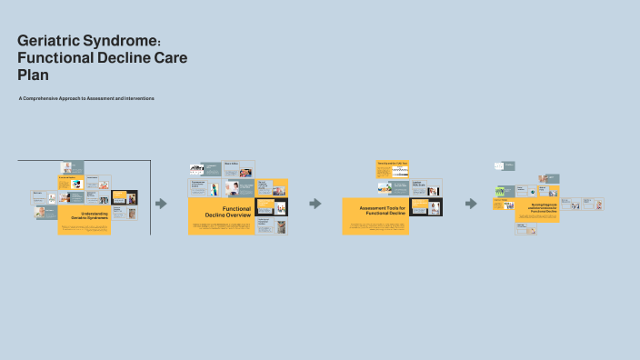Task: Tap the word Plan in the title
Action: click(x=33, y=75)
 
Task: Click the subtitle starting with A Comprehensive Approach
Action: click(x=86, y=98)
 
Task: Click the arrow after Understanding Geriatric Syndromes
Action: click(x=161, y=204)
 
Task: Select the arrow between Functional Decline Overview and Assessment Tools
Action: click(x=315, y=204)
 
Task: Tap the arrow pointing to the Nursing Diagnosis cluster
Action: click(x=470, y=204)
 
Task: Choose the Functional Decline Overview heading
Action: click(x=227, y=212)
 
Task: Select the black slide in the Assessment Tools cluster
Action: click(x=425, y=207)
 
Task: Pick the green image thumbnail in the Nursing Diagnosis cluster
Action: click(x=500, y=191)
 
